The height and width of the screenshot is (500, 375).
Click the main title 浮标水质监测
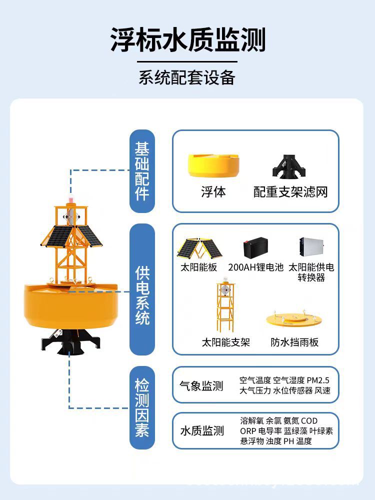187,40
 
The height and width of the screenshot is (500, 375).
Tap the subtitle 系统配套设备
187,78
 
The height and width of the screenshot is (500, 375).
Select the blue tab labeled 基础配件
142,171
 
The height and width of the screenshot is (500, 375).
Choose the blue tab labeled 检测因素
142,407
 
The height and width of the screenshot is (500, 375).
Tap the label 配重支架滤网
290,192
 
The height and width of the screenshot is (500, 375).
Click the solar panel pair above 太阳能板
199,247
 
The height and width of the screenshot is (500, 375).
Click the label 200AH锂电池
255,267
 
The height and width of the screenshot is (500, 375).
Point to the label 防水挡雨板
294,342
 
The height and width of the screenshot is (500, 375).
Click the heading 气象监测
201,386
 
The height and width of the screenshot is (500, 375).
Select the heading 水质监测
201,431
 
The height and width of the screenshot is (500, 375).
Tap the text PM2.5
318,380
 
